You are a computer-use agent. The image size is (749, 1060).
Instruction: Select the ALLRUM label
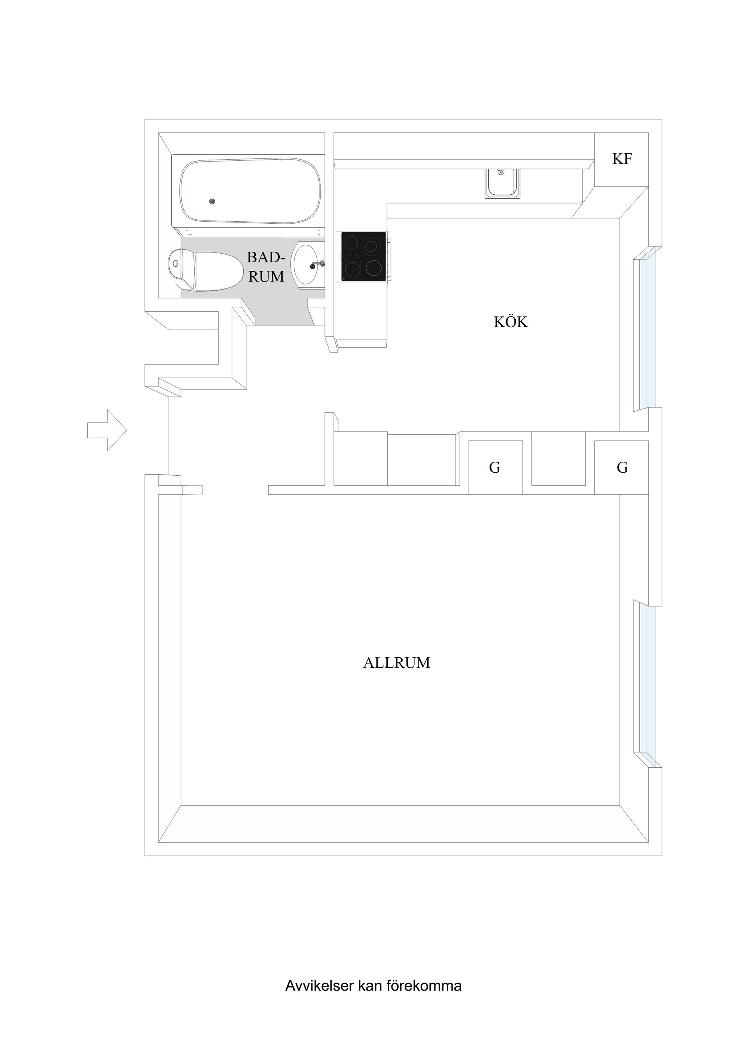point(396,663)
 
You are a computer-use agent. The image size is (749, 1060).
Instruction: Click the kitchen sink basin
point(502,184)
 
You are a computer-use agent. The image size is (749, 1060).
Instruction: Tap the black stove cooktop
point(363,257)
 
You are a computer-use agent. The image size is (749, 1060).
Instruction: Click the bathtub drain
point(212,201)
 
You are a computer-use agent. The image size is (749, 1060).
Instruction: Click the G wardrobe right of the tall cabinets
point(495,468)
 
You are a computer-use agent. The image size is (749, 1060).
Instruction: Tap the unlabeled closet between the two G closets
point(558,459)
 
